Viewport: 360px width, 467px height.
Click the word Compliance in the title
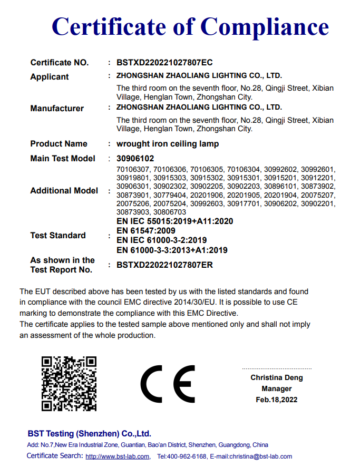(265, 26)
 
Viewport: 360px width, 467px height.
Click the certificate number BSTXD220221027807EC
(164, 63)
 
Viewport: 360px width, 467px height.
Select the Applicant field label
(50, 77)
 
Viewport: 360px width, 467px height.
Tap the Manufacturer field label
(57, 109)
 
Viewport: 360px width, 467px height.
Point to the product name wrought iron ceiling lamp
(168, 144)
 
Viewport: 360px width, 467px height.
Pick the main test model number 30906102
(135, 159)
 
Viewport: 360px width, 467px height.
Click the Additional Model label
(64, 191)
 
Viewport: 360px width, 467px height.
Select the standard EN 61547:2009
(146, 231)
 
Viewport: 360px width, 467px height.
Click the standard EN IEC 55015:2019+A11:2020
(174, 221)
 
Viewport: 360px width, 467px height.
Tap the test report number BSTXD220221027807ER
(165, 265)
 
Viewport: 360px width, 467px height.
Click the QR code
(69, 383)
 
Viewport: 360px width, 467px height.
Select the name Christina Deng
(277, 378)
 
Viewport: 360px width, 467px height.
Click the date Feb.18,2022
(277, 400)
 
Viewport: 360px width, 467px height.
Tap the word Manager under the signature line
(277, 389)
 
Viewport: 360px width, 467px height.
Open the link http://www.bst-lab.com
(117, 456)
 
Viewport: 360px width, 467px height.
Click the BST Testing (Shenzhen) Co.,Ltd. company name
(89, 434)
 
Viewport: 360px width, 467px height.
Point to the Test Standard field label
(58, 236)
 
